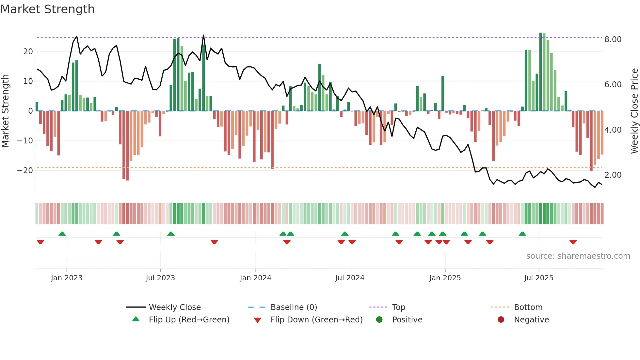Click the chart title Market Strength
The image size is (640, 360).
point(47,9)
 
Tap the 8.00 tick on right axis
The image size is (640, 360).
point(613,40)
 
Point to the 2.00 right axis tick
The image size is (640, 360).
point(613,175)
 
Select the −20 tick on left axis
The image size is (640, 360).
point(25,171)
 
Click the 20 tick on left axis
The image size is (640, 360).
point(28,52)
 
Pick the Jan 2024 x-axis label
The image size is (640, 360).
point(255,278)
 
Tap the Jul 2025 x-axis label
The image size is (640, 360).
point(538,278)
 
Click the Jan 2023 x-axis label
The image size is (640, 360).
point(67,278)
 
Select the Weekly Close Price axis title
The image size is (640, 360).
point(634,111)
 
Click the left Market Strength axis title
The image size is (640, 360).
point(5,111)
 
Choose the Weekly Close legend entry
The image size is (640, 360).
point(175,307)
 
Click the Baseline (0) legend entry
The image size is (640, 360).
point(294,307)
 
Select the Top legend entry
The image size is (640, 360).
point(398,307)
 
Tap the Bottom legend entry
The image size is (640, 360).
point(528,307)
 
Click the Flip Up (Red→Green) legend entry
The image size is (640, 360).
point(189,320)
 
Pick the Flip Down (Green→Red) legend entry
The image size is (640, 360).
point(316,320)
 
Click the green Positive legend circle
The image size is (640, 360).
point(379,320)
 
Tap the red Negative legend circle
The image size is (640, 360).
point(501,320)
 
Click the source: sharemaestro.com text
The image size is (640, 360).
point(578,256)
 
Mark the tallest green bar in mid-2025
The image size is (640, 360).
point(540,72)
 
